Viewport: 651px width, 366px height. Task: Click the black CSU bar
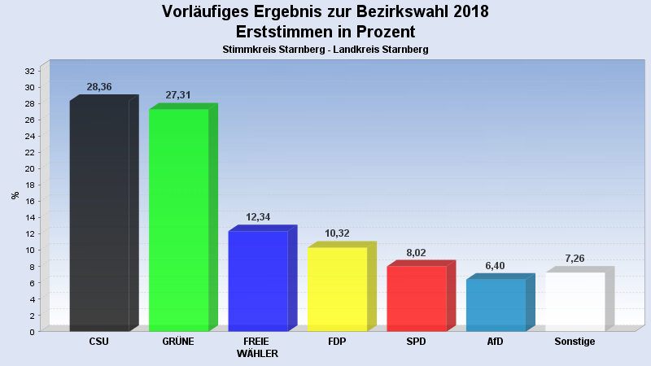pyautogui.click(x=99, y=216)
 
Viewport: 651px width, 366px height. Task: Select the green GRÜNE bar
pyautogui.click(x=178, y=220)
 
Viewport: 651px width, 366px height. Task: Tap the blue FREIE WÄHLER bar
pyautogui.click(x=257, y=281)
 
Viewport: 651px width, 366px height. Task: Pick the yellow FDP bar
pyautogui.click(x=337, y=289)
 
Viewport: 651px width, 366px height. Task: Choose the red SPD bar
pyautogui.click(x=416, y=298)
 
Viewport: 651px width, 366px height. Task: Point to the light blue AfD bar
pyautogui.click(x=496, y=304)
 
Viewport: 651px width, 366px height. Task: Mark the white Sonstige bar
pyautogui.click(x=575, y=301)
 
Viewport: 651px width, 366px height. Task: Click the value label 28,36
pyautogui.click(x=99, y=87)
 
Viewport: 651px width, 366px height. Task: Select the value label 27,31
pyautogui.click(x=178, y=95)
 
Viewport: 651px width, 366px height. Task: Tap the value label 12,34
pyautogui.click(x=258, y=217)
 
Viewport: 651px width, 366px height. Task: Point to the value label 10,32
pyautogui.click(x=337, y=233)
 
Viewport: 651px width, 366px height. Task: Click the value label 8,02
pyautogui.click(x=417, y=252)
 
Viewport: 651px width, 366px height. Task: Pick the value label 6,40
pyautogui.click(x=496, y=265)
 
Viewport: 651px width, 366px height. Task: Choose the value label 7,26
pyautogui.click(x=575, y=259)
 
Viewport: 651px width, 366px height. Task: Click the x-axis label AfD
pyautogui.click(x=495, y=342)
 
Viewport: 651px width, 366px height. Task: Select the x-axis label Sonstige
pyautogui.click(x=575, y=342)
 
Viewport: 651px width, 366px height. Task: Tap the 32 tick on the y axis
pyautogui.click(x=30, y=72)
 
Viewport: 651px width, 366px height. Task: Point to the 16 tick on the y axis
pyautogui.click(x=30, y=202)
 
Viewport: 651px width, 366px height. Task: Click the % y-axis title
pyautogui.click(x=15, y=195)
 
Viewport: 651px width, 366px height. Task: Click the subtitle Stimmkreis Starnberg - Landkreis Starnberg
pyautogui.click(x=325, y=50)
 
